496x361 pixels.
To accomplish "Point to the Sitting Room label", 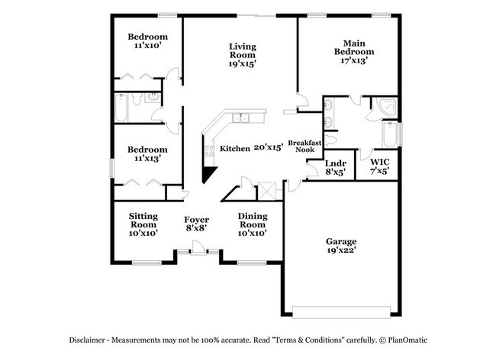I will (x=143, y=216).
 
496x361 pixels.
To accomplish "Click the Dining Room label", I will (x=253, y=216).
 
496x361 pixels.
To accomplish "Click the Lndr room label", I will (x=336, y=163).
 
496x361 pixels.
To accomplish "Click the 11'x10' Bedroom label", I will (x=147, y=37).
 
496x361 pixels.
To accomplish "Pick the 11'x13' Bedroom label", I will (x=147, y=150).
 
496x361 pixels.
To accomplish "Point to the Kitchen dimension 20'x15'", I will (x=269, y=148).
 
